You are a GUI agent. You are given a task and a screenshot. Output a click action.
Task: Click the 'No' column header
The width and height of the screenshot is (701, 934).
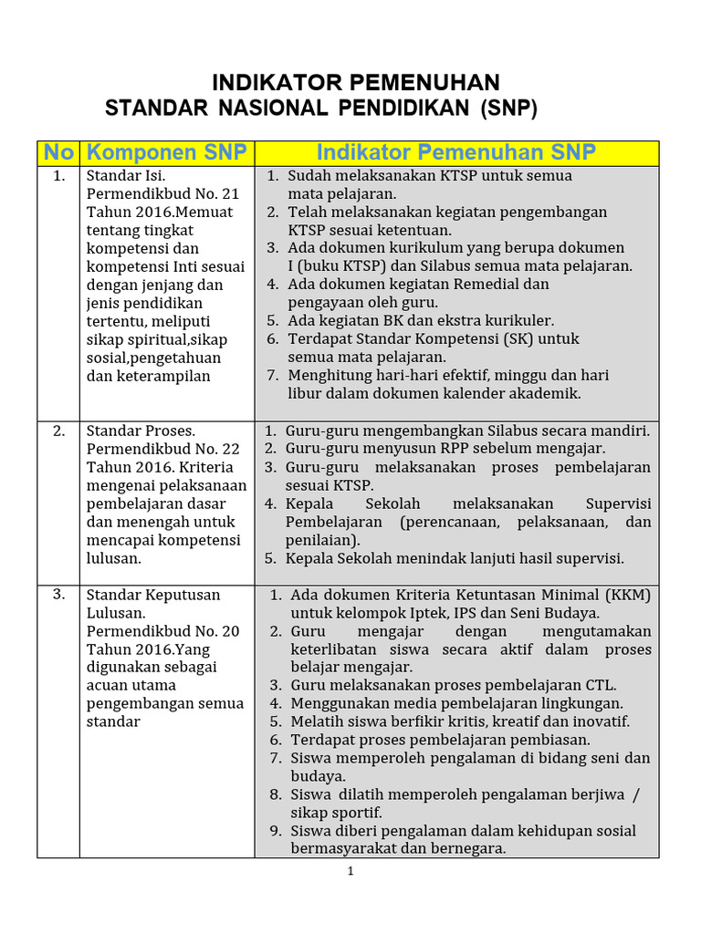(58, 152)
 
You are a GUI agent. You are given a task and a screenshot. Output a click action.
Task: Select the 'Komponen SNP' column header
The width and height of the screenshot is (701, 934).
(166, 152)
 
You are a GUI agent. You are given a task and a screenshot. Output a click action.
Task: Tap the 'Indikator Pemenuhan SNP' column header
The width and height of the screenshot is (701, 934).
(455, 151)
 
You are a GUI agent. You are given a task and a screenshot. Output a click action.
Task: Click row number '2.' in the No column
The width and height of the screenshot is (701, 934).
(58, 431)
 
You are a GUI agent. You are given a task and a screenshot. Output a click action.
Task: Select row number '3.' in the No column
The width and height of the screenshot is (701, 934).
(58, 594)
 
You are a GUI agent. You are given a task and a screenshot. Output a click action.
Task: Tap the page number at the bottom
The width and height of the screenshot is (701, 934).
(350, 872)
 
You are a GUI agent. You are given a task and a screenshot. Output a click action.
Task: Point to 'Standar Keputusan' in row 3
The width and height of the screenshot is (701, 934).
(153, 595)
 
